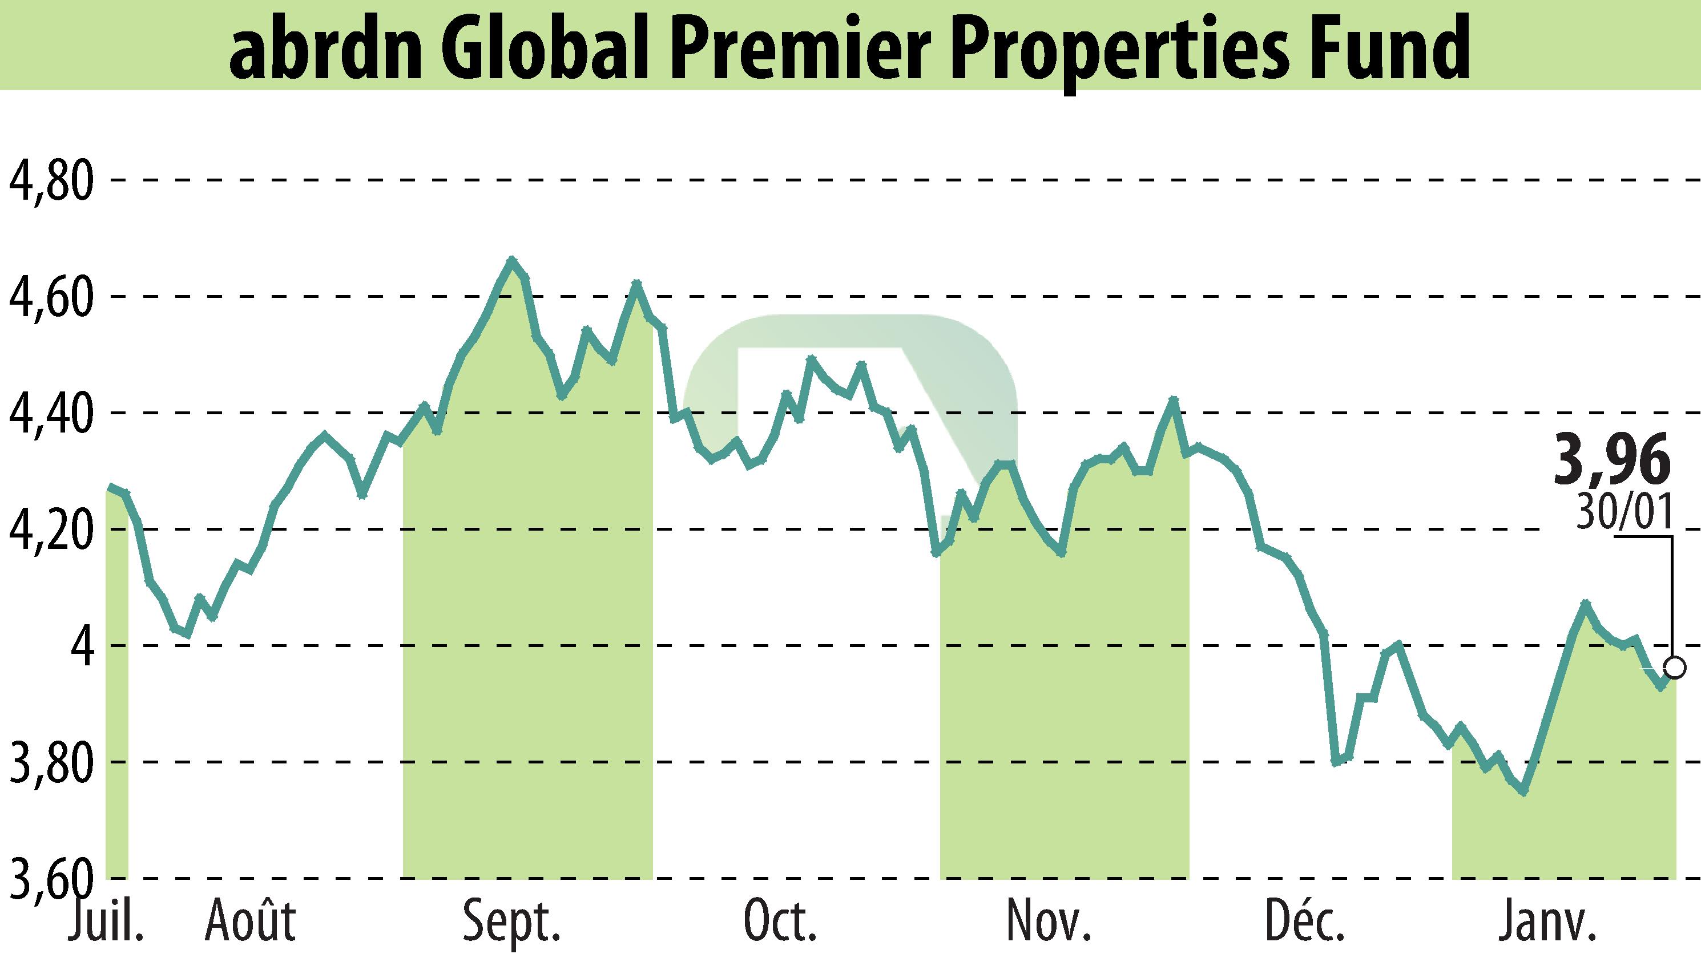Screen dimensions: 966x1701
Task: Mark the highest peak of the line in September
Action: tap(511, 260)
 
